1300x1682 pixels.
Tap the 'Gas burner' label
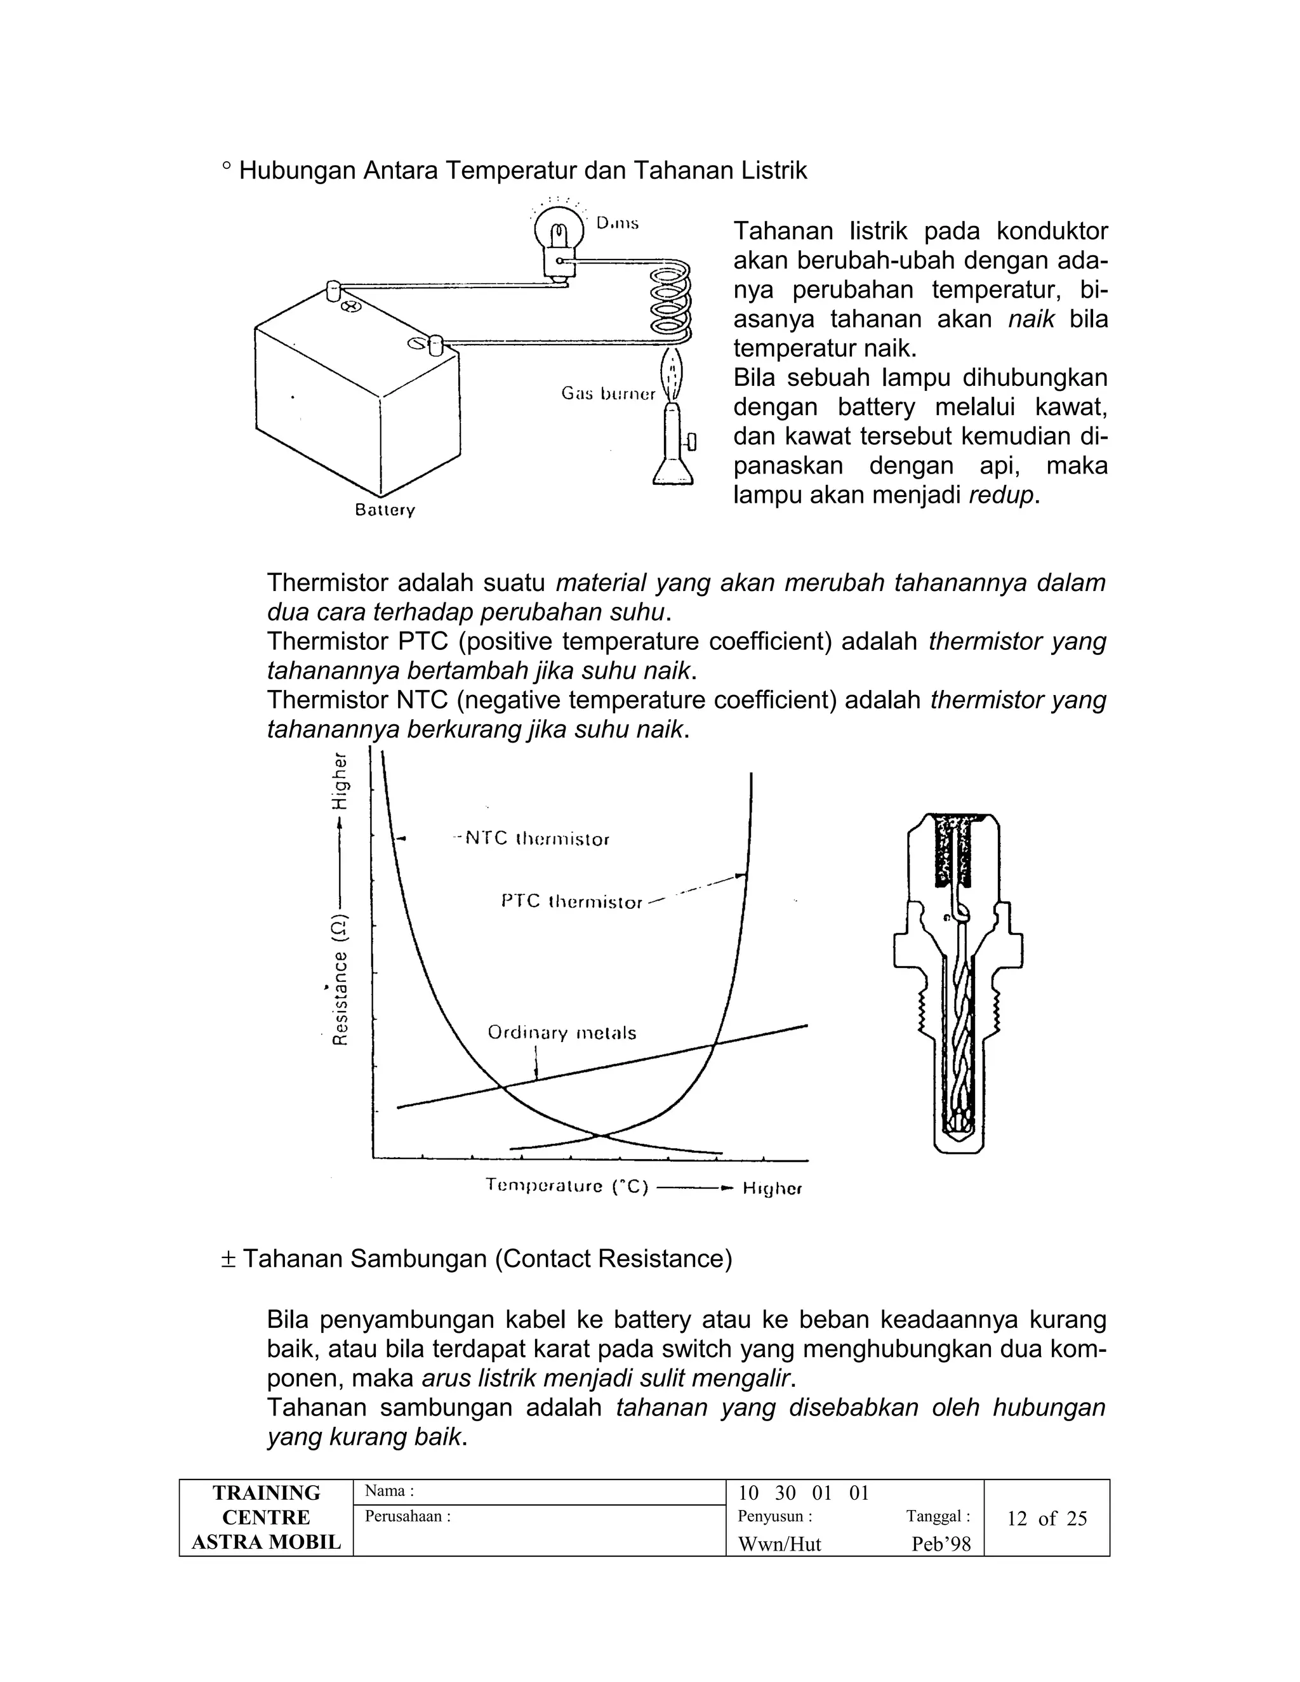[608, 394]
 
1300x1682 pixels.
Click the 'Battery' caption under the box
[385, 510]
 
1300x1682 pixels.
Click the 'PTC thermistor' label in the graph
[571, 901]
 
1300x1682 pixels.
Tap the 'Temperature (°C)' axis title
[567, 1186]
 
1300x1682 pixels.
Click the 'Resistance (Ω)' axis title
[340, 979]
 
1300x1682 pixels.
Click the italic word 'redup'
[1002, 495]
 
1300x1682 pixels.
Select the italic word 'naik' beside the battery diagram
[1030, 319]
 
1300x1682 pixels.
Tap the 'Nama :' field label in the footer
[390, 1490]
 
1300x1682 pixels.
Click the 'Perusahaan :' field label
[408, 1516]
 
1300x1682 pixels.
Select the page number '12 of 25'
[1047, 1518]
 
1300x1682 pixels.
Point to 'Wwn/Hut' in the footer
[779, 1544]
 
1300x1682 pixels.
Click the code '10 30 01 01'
[803, 1493]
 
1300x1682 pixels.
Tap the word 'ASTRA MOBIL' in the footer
[266, 1542]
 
